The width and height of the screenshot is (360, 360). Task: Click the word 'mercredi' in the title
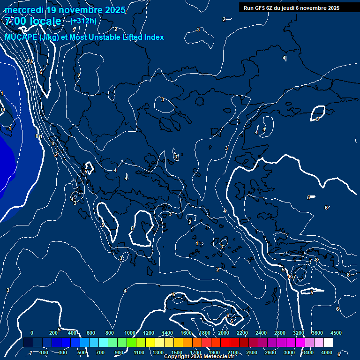pos(24,10)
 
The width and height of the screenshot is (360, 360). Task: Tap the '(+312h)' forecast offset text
pos(83,21)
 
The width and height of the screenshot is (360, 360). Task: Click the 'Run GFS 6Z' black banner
pos(291,7)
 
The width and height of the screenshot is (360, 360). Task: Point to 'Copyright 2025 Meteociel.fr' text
pos(199,357)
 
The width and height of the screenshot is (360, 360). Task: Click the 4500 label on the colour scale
pos(336,333)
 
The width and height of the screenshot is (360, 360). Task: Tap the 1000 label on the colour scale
pos(129,333)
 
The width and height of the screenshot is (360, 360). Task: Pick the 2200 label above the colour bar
pos(242,333)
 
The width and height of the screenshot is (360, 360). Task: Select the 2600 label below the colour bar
pos(270,352)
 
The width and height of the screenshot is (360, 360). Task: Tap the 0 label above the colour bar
pos(32,333)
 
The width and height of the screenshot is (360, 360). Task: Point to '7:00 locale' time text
pos(33,21)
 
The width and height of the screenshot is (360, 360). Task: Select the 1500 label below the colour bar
pos(177,352)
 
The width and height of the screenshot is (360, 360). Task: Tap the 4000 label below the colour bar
pos(327,352)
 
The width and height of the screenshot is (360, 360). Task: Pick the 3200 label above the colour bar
pos(298,333)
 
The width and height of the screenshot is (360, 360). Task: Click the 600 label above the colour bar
pos(91,333)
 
